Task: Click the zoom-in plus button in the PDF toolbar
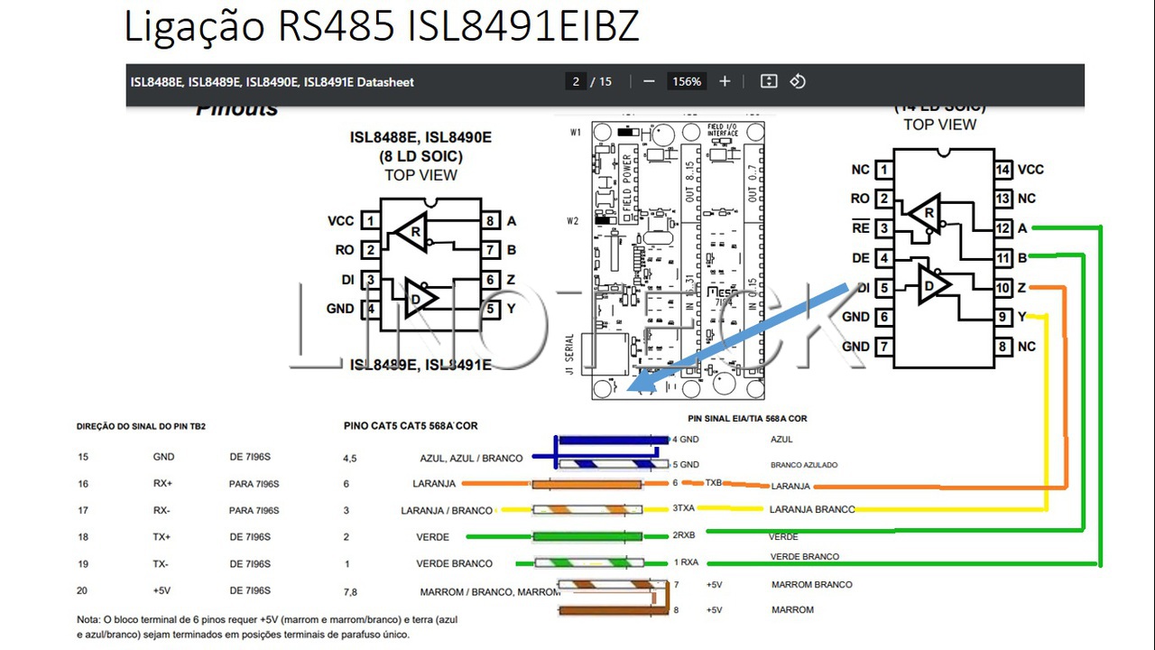(725, 81)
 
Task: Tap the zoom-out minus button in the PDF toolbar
(649, 81)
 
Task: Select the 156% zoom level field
(686, 81)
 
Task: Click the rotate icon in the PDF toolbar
(798, 81)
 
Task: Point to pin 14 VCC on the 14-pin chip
(1003, 170)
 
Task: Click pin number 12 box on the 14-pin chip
(1003, 228)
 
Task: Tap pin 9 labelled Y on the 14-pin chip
(1003, 317)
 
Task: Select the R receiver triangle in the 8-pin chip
(413, 232)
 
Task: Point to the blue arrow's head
(636, 385)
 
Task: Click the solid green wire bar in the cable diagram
(587, 537)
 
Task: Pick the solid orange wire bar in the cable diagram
(587, 484)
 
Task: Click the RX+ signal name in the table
(162, 484)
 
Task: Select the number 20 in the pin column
(83, 590)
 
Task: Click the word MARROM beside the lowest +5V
(792, 610)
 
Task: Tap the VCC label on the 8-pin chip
(341, 221)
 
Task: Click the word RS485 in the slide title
(336, 27)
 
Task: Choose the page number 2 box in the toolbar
(576, 81)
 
